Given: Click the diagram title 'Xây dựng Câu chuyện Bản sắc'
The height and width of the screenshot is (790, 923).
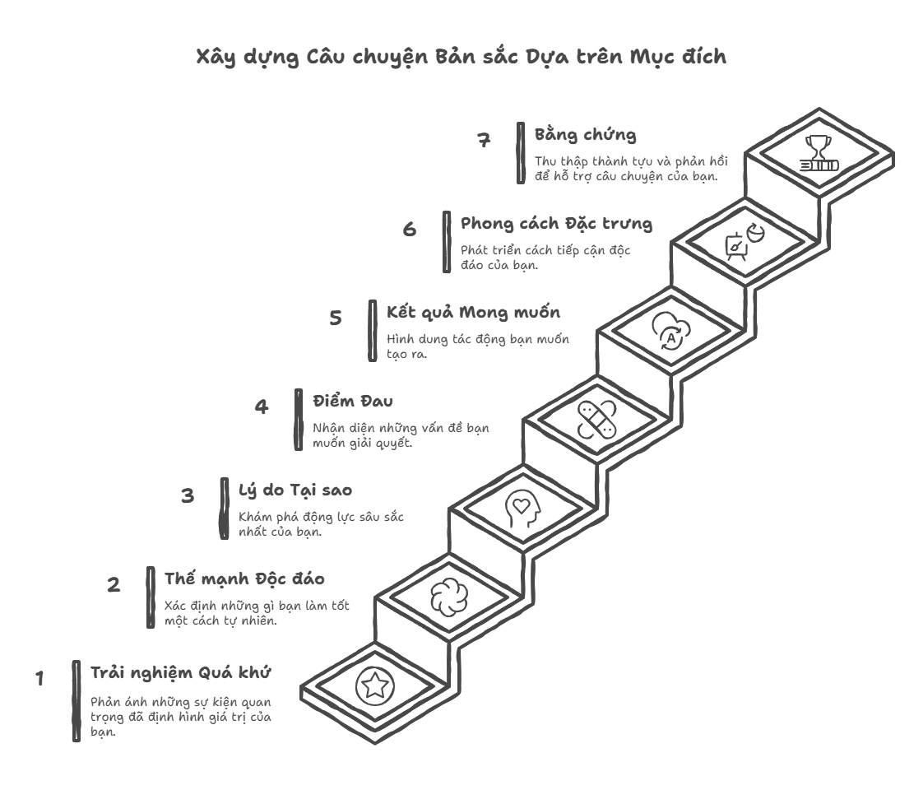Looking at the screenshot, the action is click(461, 58).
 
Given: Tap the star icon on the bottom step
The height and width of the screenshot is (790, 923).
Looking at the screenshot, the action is click(375, 685).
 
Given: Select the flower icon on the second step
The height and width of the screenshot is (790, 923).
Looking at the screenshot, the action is click(449, 595).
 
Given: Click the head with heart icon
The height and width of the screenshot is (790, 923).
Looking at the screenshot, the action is click(523, 506).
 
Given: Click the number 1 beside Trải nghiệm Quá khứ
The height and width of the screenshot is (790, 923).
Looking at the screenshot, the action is click(39, 679).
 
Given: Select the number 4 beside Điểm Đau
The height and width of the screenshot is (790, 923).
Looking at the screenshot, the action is click(261, 407).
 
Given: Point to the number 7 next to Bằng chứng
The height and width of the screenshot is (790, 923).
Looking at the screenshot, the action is click(485, 140).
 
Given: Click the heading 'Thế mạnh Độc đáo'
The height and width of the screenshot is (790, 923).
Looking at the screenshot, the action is click(244, 579).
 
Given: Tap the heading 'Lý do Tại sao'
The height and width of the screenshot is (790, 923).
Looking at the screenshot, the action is click(295, 490).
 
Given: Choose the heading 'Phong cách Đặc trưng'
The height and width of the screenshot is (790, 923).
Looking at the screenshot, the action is click(556, 224).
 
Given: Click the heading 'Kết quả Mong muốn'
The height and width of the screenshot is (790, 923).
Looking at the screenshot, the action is click(474, 313).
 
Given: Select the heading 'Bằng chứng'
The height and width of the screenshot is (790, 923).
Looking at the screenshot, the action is click(585, 135).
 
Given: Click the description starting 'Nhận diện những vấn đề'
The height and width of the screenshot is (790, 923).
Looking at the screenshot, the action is click(400, 435).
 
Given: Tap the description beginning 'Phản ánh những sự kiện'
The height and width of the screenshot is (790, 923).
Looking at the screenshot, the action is click(180, 717).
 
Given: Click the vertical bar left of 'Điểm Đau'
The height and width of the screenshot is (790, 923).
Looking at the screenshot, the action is click(299, 419).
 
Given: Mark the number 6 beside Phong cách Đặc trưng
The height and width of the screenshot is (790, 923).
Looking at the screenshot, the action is click(410, 230).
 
